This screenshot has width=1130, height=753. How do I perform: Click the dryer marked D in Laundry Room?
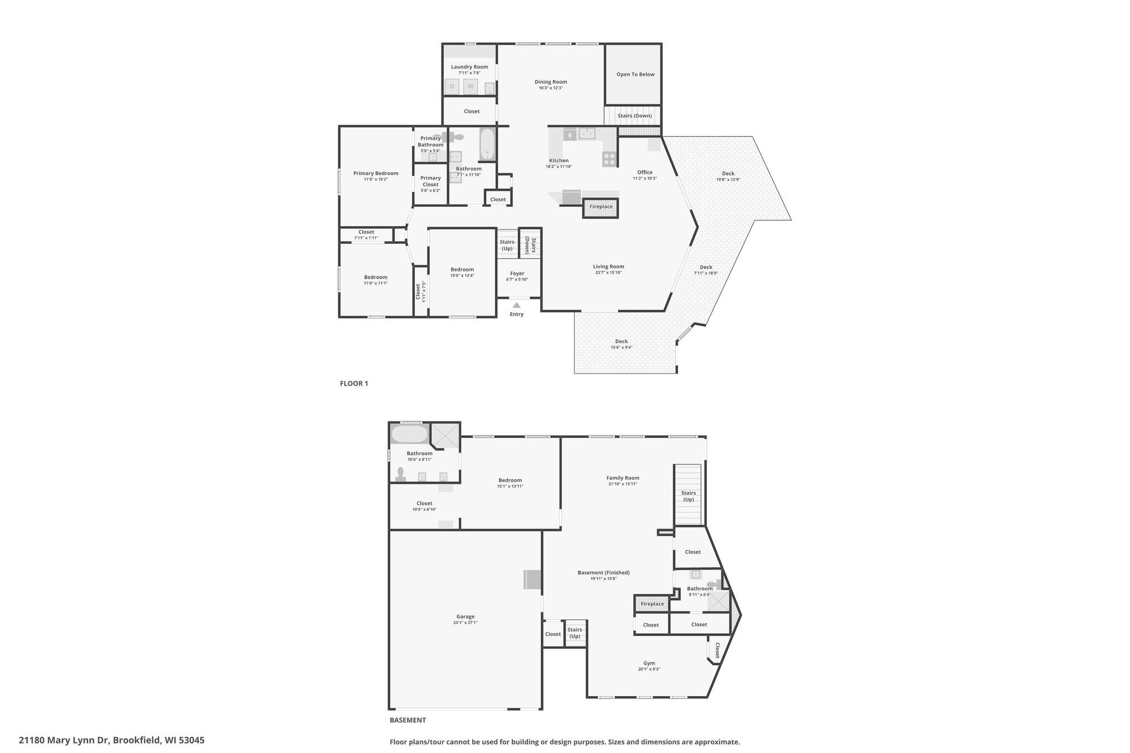click(x=452, y=87)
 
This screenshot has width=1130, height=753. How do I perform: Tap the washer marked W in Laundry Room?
click(x=471, y=87)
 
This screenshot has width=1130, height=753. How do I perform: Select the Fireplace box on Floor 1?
click(x=601, y=207)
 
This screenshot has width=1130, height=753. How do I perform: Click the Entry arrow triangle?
click(x=516, y=305)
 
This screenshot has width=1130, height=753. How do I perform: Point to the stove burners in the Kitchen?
click(x=609, y=159)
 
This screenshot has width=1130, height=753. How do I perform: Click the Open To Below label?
click(x=636, y=74)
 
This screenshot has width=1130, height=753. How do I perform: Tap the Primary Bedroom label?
click(x=376, y=173)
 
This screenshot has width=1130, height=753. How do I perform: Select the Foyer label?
click(x=517, y=274)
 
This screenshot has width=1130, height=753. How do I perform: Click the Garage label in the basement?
click(x=466, y=617)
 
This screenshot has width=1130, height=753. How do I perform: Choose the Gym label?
click(x=649, y=663)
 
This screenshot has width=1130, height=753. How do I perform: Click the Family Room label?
click(x=623, y=478)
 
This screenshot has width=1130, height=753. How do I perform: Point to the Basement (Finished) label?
click(x=604, y=573)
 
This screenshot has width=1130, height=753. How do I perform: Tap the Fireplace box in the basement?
click(x=652, y=604)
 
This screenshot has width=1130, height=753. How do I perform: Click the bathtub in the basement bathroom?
click(x=409, y=434)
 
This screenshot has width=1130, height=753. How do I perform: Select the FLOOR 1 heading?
click(x=354, y=383)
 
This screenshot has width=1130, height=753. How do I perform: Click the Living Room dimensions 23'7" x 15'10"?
click(x=609, y=273)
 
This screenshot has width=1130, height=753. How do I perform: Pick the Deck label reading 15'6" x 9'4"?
click(x=621, y=348)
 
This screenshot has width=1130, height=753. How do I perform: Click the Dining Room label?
click(x=551, y=82)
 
